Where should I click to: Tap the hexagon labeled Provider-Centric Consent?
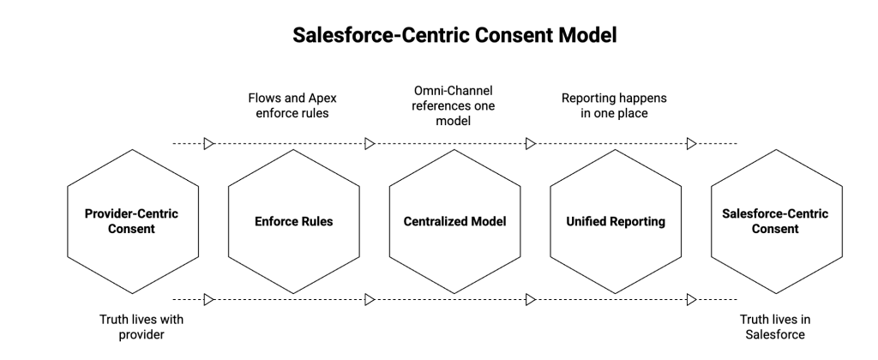coord(131,221)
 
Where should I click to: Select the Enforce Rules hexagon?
coord(293,221)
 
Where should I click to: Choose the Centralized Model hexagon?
coord(454,221)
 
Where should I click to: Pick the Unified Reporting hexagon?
coord(616,221)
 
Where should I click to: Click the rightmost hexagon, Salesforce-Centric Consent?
coord(775,221)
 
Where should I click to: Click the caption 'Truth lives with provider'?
coord(141,327)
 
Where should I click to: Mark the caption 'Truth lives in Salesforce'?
coord(775,327)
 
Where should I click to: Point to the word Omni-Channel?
coord(454,90)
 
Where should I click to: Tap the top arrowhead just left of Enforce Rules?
coord(208,143)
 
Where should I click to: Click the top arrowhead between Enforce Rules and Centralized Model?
coord(370,143)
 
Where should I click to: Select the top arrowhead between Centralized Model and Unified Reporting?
coord(531,143)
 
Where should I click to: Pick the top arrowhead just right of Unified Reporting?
coord(691,143)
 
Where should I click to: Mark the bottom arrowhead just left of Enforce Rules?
coord(208,299)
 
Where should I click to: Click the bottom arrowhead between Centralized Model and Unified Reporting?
coord(531,299)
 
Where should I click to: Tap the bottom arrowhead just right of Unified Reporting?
coord(691,299)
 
